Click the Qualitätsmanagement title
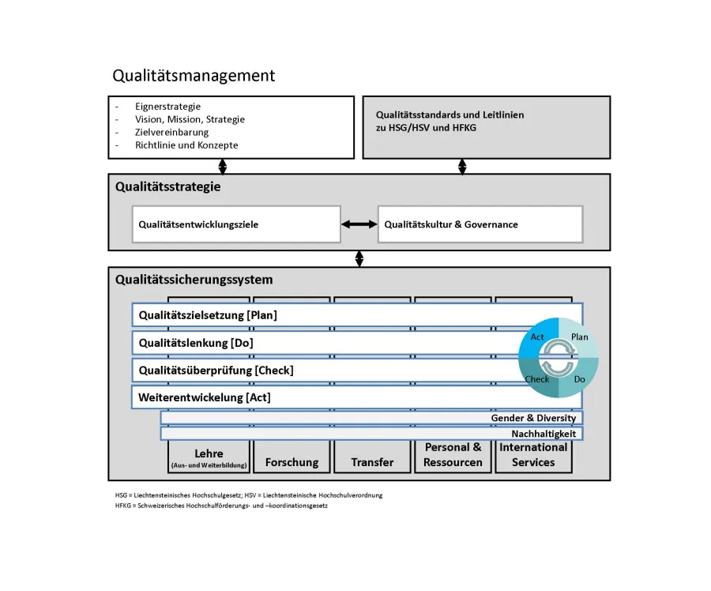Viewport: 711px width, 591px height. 194,76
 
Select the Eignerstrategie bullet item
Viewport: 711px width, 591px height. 167,107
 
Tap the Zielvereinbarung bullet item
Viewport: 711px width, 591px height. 171,133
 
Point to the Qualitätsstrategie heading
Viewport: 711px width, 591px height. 167,187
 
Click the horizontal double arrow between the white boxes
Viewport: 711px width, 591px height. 359,224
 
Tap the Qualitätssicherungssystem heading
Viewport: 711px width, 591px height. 194,279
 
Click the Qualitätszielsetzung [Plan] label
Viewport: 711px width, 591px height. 208,315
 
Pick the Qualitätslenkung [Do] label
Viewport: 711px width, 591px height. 196,343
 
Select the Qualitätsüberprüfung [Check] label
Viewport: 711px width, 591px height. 216,370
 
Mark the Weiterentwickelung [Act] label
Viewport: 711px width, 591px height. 204,397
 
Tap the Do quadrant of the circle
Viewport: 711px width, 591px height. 578,378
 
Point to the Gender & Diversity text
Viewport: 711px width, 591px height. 533,418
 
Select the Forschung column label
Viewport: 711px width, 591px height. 292,462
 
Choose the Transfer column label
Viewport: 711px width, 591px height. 372,462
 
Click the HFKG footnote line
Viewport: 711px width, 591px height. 221,506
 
